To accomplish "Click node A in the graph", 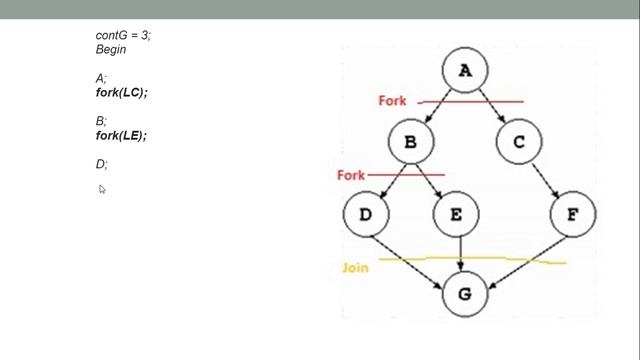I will (x=465, y=70).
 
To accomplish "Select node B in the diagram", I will (x=410, y=142).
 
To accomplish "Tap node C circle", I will (x=518, y=142).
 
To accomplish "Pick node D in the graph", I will (x=365, y=214).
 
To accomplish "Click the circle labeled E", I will (x=456, y=214).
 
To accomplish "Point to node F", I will (x=572, y=214).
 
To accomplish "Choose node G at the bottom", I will (x=464, y=294).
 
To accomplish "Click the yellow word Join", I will (x=356, y=268).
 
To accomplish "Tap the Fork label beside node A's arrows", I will (x=392, y=101).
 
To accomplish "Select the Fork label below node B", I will (x=351, y=175).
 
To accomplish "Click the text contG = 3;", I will (x=124, y=35).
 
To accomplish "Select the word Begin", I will (x=111, y=49).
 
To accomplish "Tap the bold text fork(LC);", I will (x=122, y=93).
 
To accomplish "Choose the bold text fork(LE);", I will (x=121, y=136).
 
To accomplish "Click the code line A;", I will (x=101, y=78).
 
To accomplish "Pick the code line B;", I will (x=101, y=121).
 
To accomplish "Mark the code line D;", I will (x=102, y=164).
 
